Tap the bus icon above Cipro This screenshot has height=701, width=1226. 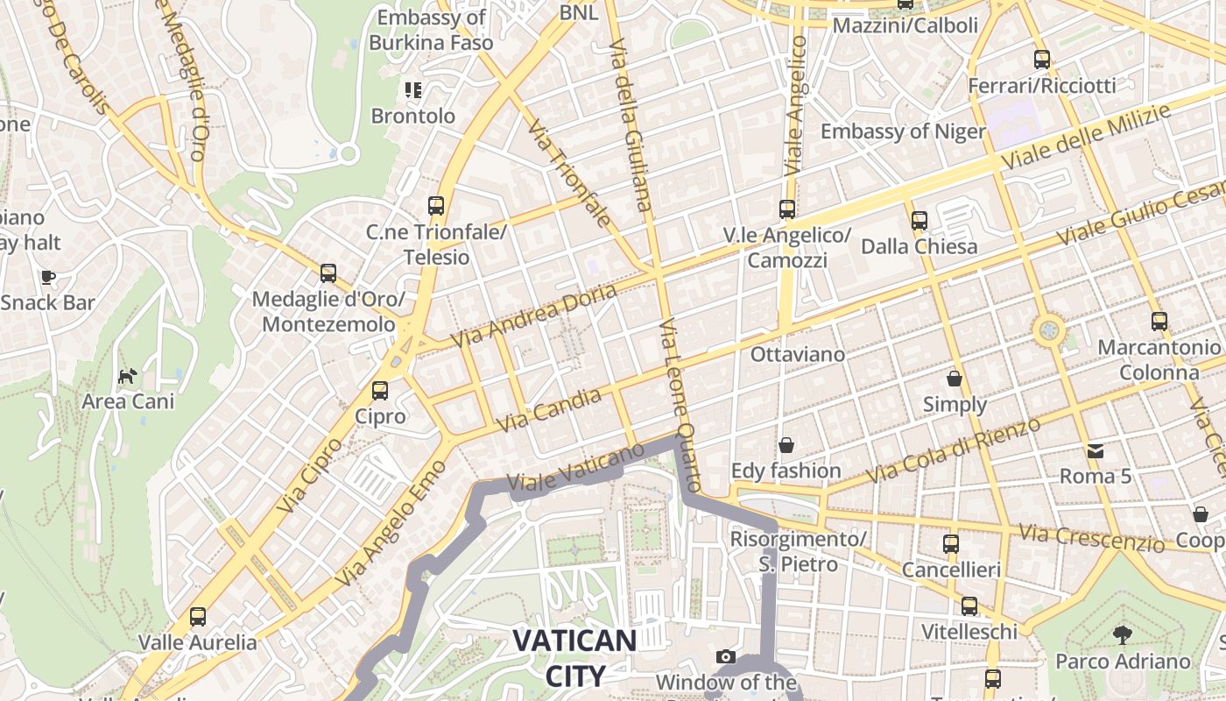tap(379, 391)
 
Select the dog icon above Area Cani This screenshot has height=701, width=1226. tap(128, 376)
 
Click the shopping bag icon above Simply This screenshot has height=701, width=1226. tap(954, 379)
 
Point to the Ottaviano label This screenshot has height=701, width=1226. tap(798, 355)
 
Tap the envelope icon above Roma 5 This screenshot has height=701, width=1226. tap(1095, 451)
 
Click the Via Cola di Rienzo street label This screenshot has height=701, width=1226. tap(953, 450)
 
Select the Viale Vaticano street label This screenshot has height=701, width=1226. tap(575, 470)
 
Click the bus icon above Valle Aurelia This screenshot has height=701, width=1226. tap(198, 616)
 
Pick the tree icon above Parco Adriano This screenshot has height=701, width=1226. tap(1122, 635)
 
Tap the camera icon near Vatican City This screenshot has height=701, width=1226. tap(725, 656)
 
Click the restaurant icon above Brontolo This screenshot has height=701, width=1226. tap(412, 89)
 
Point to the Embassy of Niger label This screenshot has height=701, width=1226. tap(903, 131)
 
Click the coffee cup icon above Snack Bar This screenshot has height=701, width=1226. tap(47, 277)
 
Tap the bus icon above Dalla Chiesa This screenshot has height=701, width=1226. tap(919, 220)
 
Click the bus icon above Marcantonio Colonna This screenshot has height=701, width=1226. tap(1159, 322)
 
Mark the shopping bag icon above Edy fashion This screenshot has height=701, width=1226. tap(786, 445)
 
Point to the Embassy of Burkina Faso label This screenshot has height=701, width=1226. tap(431, 30)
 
